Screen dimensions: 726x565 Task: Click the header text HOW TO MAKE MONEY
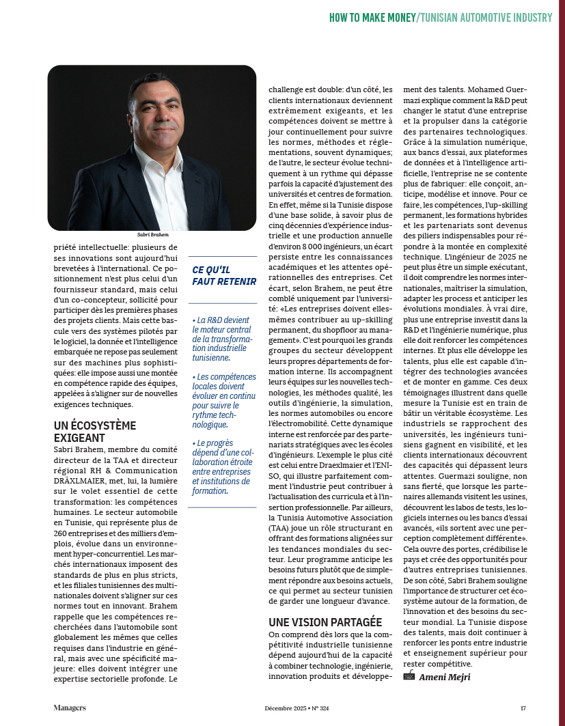[x=372, y=18]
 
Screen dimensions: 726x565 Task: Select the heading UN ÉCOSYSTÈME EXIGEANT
[x=95, y=431]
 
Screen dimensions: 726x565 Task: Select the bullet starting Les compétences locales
[x=221, y=400]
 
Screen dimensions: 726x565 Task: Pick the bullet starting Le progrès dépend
[x=221, y=466]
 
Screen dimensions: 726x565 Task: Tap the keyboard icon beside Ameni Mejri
[x=409, y=676]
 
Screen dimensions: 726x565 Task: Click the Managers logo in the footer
[x=70, y=708]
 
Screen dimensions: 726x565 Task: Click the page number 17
[x=523, y=708]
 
